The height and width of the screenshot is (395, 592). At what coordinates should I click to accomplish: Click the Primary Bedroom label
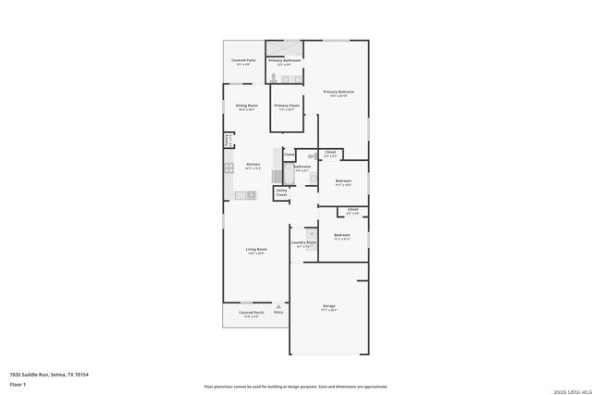point(339,92)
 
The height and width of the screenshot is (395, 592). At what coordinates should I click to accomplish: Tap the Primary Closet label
point(287,105)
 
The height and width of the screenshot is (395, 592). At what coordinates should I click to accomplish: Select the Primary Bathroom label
point(285,60)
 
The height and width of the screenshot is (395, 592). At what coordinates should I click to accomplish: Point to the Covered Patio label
point(243,61)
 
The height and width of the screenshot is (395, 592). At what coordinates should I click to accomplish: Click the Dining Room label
point(246,105)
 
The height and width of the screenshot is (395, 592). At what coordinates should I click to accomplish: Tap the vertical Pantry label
point(227,140)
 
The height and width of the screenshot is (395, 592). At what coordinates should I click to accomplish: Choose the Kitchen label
point(253,165)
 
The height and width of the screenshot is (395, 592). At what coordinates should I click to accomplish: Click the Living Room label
point(256,249)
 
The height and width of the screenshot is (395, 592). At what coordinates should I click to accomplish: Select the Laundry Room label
point(305,243)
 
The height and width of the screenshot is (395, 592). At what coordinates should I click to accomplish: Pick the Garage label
point(328,306)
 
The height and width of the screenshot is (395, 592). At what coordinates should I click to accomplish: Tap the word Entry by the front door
point(278,313)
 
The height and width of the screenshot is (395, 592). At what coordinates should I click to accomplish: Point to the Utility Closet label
point(281,192)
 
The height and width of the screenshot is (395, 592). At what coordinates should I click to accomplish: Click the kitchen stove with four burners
point(228,168)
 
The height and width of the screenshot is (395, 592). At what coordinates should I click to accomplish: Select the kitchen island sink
point(250,194)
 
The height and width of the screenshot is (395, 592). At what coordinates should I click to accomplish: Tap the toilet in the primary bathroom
point(274,79)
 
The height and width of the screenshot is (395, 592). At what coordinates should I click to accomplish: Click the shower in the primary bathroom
point(291,48)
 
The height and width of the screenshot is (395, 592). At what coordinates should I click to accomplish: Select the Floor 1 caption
point(18,383)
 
